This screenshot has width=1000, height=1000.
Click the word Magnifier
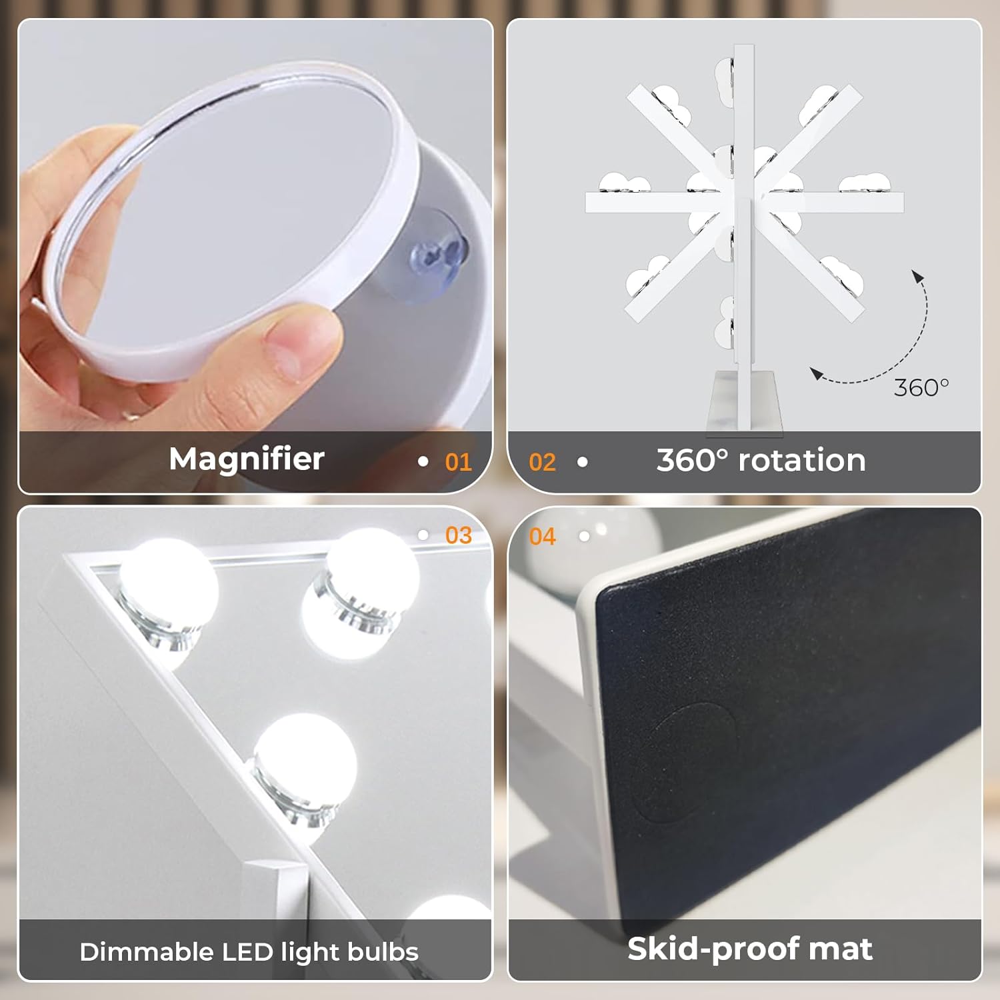tap(247, 459)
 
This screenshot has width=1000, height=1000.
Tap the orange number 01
tap(459, 462)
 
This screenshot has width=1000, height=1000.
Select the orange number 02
tap(542, 462)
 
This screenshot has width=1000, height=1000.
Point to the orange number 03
tap(459, 535)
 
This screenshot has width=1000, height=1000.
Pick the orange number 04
tap(542, 537)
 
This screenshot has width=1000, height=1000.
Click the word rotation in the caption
tap(802, 460)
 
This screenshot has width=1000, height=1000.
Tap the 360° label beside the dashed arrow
tap(921, 387)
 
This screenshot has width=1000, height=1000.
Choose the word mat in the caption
tap(845, 949)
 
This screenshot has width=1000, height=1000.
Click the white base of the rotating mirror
tap(744, 401)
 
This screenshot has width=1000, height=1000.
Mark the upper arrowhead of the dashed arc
tap(918, 276)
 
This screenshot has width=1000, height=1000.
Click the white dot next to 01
tap(423, 461)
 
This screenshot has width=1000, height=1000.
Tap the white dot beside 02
tap(582, 461)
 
